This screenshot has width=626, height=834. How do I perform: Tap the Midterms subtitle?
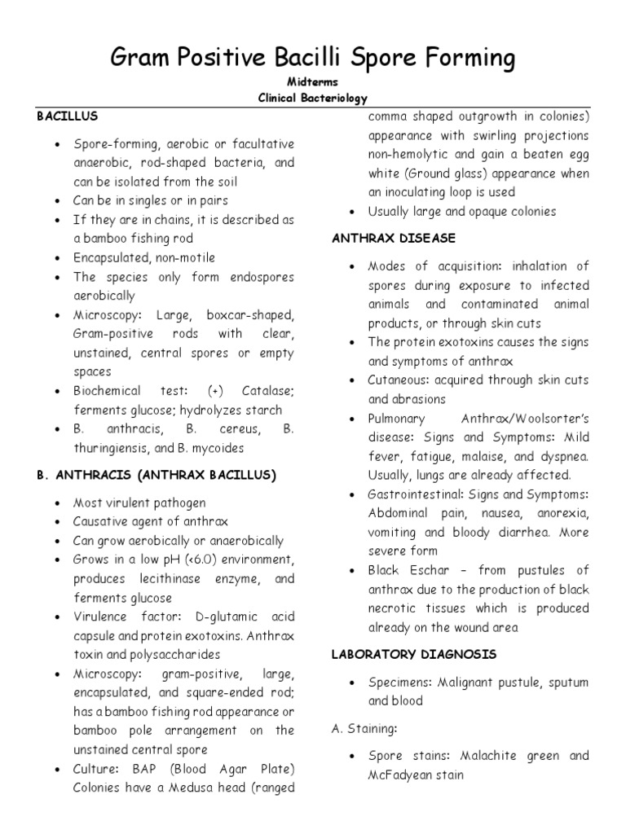tap(313, 83)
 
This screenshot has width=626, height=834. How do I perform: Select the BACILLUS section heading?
tap(68, 116)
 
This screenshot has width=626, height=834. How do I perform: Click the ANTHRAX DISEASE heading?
tap(394, 238)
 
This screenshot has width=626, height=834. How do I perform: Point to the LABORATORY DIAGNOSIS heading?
tap(413, 654)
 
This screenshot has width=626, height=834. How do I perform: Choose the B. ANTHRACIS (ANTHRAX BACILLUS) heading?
tap(156, 475)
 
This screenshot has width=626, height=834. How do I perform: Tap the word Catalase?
tap(260, 391)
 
